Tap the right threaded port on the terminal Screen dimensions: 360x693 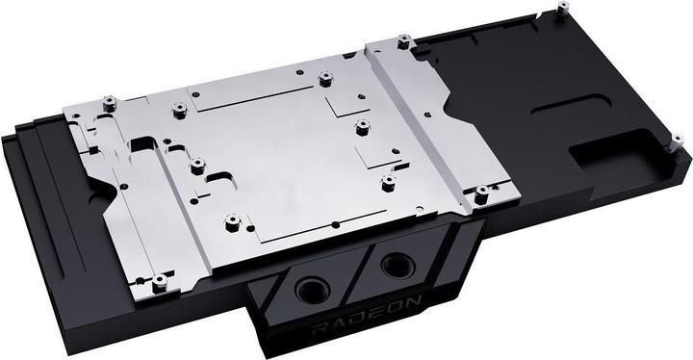point(396,266)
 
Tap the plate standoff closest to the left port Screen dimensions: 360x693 point(230,222)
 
